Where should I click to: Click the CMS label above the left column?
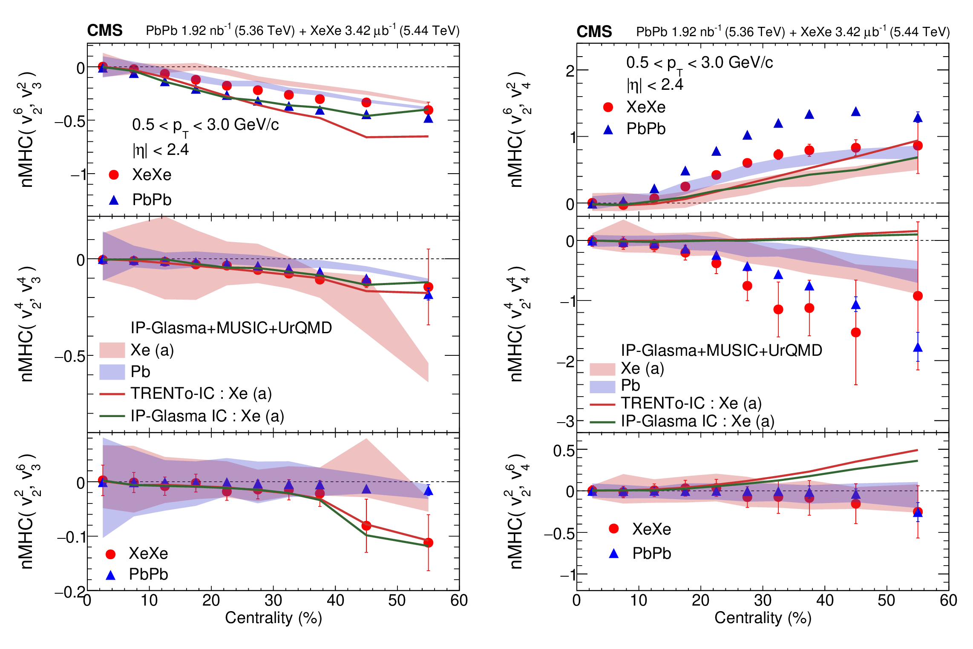click(x=105, y=31)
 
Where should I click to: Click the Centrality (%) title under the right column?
click(x=763, y=618)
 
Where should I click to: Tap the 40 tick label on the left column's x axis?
click(x=335, y=600)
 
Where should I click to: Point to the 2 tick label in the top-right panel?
click(x=570, y=71)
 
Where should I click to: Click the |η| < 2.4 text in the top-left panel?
click(x=161, y=150)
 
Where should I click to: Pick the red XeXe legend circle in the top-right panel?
click(x=608, y=107)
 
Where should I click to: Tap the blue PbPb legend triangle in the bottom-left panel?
click(x=111, y=575)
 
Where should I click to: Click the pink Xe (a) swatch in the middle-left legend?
click(x=112, y=350)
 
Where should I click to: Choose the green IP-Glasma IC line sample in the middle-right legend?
click(x=602, y=422)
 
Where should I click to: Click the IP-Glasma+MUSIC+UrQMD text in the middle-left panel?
click(x=231, y=328)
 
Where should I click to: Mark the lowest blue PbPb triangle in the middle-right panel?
click(x=918, y=348)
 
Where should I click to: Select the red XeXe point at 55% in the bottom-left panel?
click(x=429, y=543)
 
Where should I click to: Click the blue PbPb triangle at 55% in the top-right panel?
click(x=918, y=118)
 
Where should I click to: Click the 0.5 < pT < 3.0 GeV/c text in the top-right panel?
click(x=699, y=63)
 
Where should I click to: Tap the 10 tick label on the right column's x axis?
click(x=638, y=600)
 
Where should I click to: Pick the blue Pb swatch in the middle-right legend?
click(x=602, y=386)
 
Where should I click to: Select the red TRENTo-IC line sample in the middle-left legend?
click(x=112, y=394)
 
